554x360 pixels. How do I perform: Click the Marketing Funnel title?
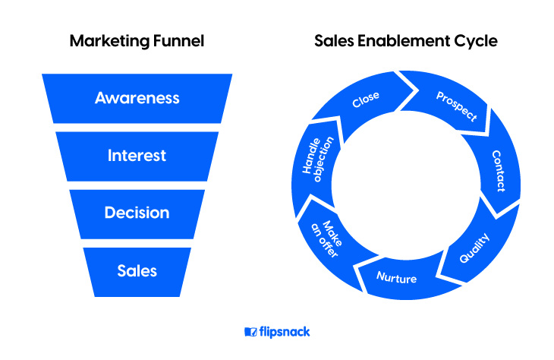pyautogui.click(x=137, y=41)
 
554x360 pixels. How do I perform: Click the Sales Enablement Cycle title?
pyautogui.click(x=406, y=41)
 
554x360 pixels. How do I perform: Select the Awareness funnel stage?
pyautogui.click(x=137, y=98)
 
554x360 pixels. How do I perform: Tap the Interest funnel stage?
pyautogui.click(x=137, y=156)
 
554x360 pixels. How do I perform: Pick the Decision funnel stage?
pyautogui.click(x=137, y=213)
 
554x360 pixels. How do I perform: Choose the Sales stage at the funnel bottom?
pyautogui.click(x=137, y=270)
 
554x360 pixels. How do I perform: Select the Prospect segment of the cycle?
pyautogui.click(x=455, y=106)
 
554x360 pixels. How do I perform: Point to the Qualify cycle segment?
pyautogui.click(x=475, y=247)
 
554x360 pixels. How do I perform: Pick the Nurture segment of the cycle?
pyautogui.click(x=396, y=279)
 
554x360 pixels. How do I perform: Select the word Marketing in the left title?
pyautogui.click(x=106, y=41)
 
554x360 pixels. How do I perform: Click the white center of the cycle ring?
pyautogui.click(x=406, y=186)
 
